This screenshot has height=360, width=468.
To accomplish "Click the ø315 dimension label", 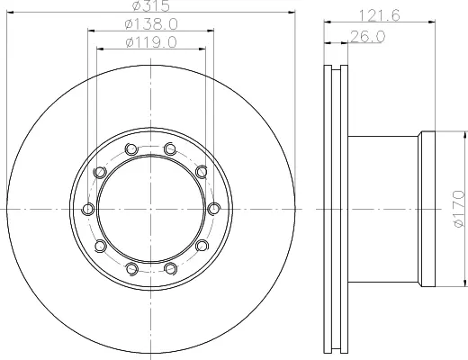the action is [151, 5].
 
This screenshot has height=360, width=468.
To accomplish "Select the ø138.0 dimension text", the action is [151, 24].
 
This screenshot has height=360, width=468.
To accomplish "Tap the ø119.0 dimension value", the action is [151, 42].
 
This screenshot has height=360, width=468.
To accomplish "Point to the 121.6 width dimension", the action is [379, 15].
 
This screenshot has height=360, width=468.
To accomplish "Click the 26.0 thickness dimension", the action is [368, 37].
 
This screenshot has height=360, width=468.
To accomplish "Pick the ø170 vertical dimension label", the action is [459, 209].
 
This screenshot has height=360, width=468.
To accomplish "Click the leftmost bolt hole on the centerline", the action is [88, 209].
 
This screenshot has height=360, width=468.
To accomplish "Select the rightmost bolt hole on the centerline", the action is [214, 209].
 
